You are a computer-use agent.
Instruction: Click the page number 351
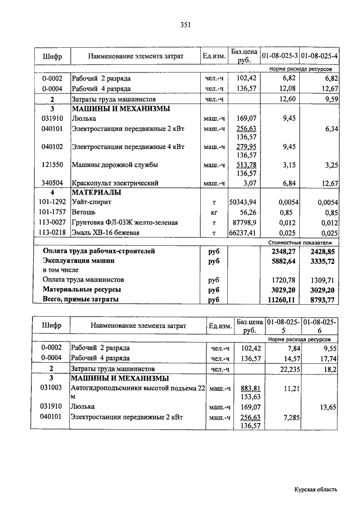(x=186, y=24)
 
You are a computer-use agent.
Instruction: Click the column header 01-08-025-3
(x=279, y=56)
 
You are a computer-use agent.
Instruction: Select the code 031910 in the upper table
(x=52, y=119)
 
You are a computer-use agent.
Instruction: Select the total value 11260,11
(x=283, y=300)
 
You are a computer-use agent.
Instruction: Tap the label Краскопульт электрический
(x=115, y=183)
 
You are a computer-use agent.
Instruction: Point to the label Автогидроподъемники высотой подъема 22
(x=137, y=389)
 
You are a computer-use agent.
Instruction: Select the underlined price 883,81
(x=249, y=389)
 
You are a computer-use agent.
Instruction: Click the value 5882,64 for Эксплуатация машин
(x=283, y=262)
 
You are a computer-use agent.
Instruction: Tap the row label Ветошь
(x=83, y=213)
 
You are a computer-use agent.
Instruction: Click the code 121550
(x=52, y=165)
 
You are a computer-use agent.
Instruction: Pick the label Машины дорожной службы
(x=114, y=165)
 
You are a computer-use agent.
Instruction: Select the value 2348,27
(x=283, y=251)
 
